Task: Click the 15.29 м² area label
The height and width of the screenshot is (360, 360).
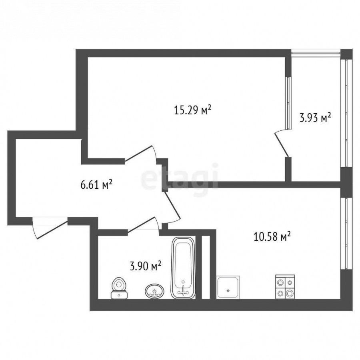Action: (x=192, y=110)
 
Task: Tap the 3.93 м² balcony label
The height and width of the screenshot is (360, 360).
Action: (x=315, y=118)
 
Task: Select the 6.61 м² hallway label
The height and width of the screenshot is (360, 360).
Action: (x=96, y=184)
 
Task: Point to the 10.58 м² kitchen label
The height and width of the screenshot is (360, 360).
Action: (x=272, y=236)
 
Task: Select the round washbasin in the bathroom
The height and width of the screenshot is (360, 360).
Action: (x=154, y=291)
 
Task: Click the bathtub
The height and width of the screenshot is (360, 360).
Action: (x=183, y=268)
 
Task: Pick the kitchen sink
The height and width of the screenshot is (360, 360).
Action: (x=228, y=287)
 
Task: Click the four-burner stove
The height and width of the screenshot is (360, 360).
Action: (x=285, y=287)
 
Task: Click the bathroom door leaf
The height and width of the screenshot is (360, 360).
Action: (x=142, y=224)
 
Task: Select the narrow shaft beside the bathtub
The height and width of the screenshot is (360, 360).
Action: (x=206, y=267)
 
